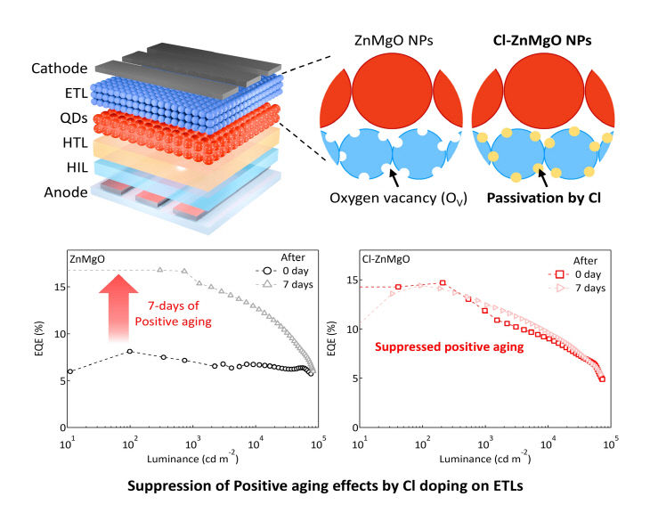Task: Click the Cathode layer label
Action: click(x=60, y=69)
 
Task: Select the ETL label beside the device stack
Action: click(x=77, y=94)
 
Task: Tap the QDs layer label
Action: click(x=74, y=118)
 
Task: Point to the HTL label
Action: click(x=75, y=143)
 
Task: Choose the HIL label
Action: click(x=77, y=167)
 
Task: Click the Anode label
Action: click(x=66, y=192)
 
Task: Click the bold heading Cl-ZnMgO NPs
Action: click(x=542, y=41)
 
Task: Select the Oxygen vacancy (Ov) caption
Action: click(x=398, y=199)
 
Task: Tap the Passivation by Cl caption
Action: click(x=543, y=198)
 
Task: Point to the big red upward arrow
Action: click(x=118, y=308)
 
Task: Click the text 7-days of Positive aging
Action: click(x=174, y=313)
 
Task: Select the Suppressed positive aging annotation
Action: click(x=450, y=347)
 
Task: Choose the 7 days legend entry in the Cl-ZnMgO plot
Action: click(x=577, y=288)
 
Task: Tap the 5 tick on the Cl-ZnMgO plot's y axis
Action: click(x=355, y=379)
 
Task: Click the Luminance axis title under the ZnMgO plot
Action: click(x=192, y=458)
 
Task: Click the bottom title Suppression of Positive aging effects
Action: click(x=325, y=485)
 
